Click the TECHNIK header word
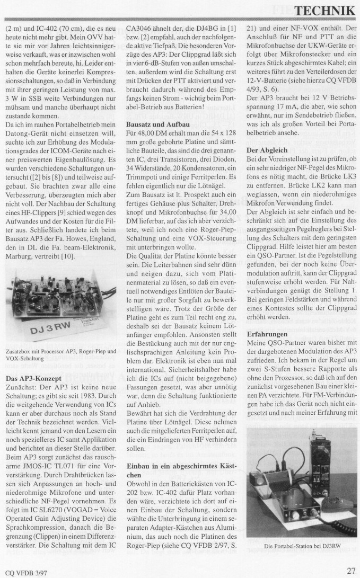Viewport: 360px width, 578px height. (x=324, y=10)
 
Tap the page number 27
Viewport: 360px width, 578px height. (x=350, y=571)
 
